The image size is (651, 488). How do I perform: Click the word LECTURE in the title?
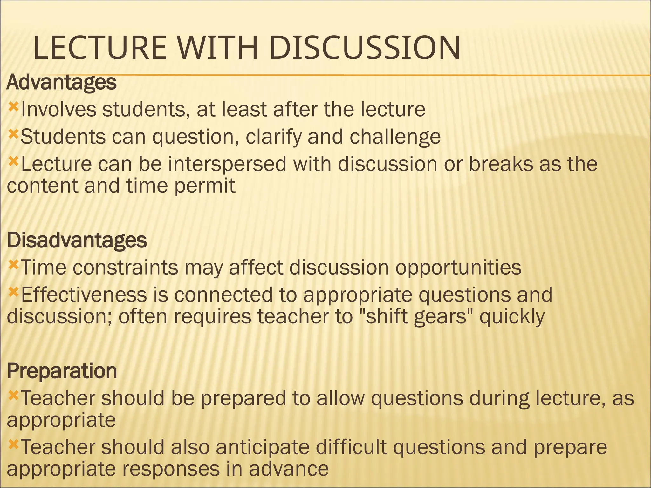[x=99, y=48]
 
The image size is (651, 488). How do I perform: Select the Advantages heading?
[x=61, y=82]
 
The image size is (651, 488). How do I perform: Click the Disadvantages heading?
[x=77, y=240]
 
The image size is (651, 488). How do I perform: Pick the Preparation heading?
[x=62, y=371]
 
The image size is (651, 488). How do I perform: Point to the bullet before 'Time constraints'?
[x=13, y=264]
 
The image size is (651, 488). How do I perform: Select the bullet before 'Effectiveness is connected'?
[x=13, y=291]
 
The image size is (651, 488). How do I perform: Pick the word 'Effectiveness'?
[x=84, y=295]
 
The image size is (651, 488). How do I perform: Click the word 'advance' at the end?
[x=288, y=469]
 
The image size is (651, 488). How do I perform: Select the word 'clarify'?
[x=273, y=137]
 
